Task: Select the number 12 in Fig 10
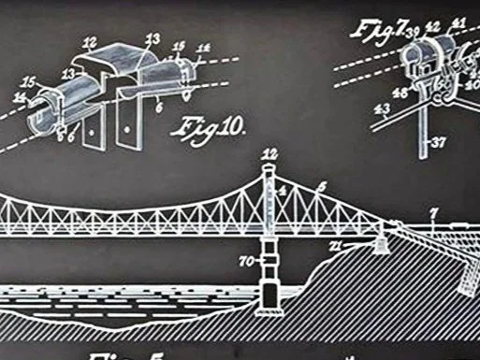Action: point(90,41)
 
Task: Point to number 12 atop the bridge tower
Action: point(270,153)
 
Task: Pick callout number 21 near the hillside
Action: point(361,244)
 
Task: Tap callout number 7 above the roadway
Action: point(432,214)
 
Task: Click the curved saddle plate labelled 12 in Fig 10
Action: point(108,58)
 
